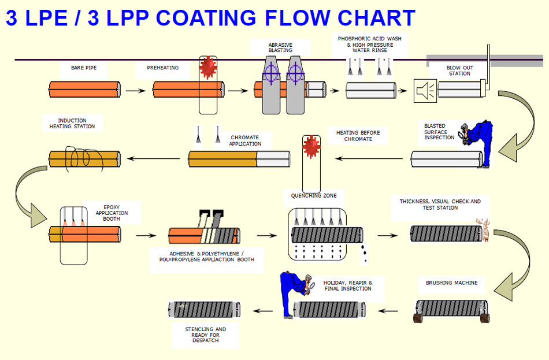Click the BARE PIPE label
click(84, 68)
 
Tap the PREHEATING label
click(162, 68)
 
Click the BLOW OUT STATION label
click(459, 70)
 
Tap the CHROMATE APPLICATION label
click(245, 140)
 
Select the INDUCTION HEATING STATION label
click(72, 123)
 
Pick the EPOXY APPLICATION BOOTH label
click(112, 212)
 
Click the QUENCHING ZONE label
click(314, 195)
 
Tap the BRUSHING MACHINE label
click(451, 283)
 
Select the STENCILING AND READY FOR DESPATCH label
click(206, 335)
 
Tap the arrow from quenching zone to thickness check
click(387, 235)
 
